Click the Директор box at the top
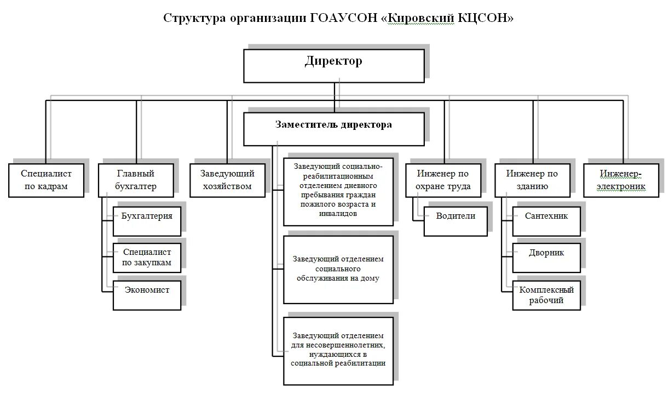pyautogui.click(x=333, y=66)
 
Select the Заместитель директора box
pyautogui.click(x=333, y=129)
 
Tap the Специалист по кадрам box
pyautogui.click(x=46, y=180)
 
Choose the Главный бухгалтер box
pyautogui.click(x=136, y=180)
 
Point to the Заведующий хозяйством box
pyautogui.click(x=227, y=180)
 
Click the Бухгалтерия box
pyautogui.click(x=147, y=216)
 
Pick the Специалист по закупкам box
pyautogui.click(x=147, y=257)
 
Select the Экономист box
pyautogui.click(x=147, y=290)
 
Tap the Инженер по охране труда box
pyautogui.click(x=443, y=180)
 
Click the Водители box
pyautogui.click(x=455, y=216)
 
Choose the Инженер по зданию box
pyautogui.click(x=532, y=180)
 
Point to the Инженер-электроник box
pyautogui.click(x=621, y=180)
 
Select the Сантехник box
pyautogui.click(x=546, y=216)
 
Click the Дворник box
pyautogui.click(x=546, y=253)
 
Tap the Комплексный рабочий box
pyautogui.click(x=546, y=295)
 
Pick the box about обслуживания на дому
pyautogui.click(x=338, y=269)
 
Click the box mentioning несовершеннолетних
pyautogui.click(x=338, y=350)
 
